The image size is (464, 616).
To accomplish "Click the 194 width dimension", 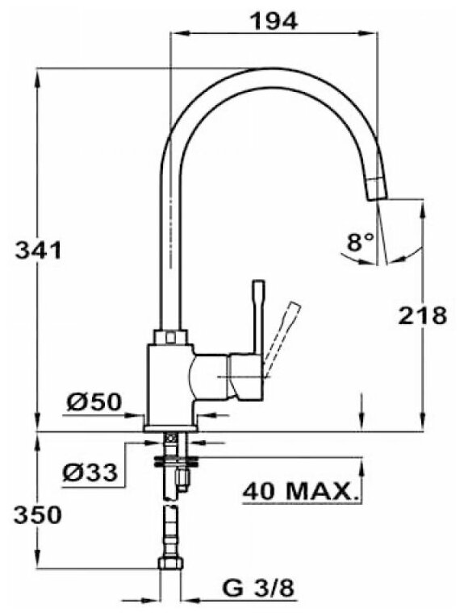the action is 274,21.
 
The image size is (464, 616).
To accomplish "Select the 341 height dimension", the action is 38,249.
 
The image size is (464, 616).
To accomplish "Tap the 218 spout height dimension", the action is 423,315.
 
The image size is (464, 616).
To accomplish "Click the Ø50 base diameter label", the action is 94,402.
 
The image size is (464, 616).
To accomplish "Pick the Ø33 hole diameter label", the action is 90,472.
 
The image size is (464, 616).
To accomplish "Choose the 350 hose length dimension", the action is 38,514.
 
